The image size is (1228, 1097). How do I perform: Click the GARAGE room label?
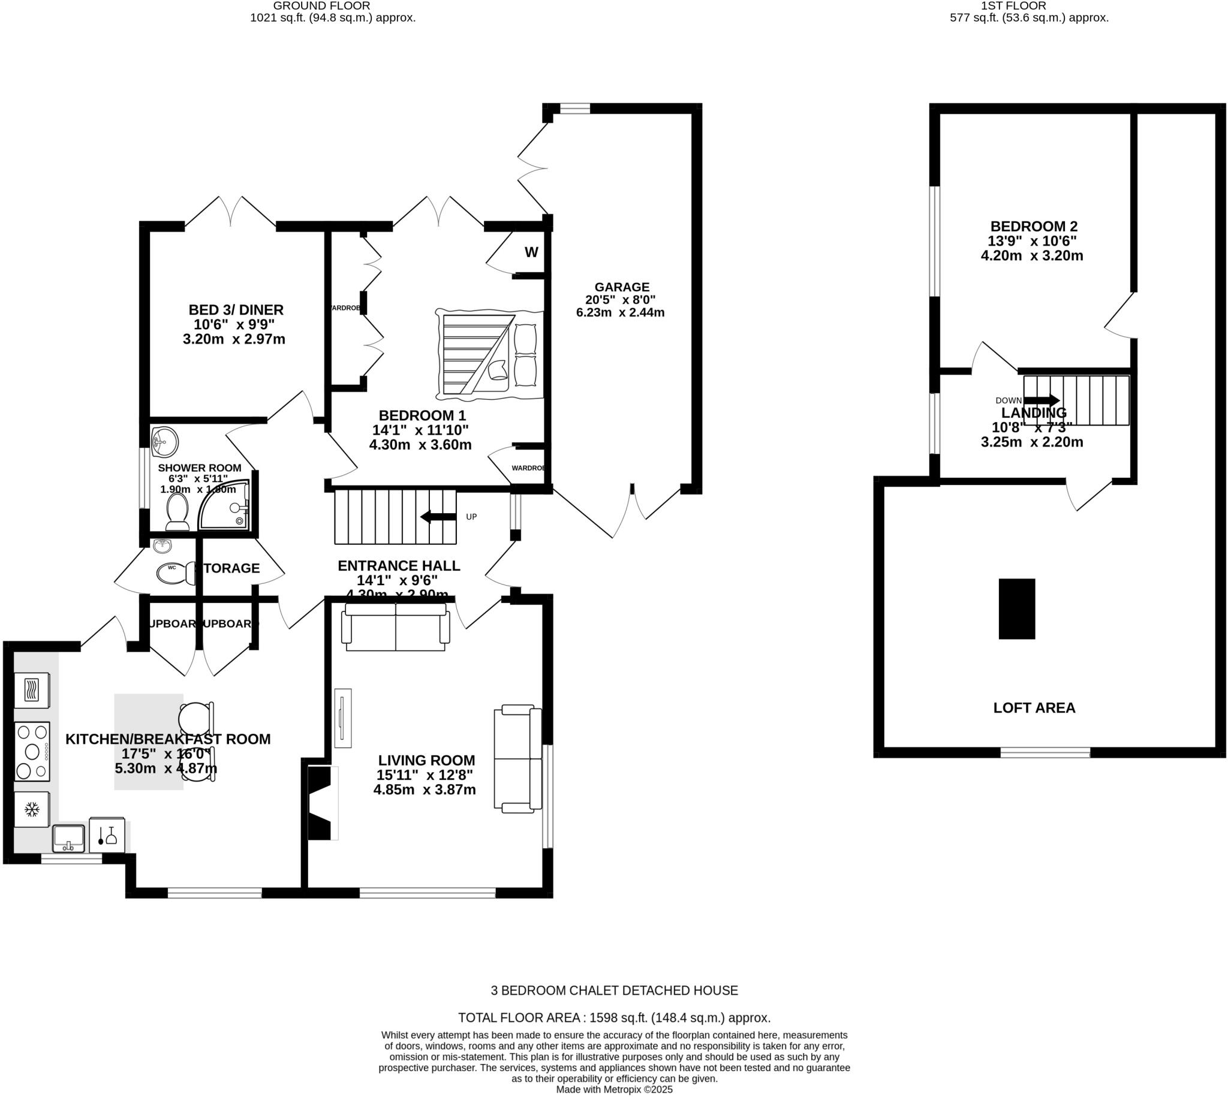tap(622, 287)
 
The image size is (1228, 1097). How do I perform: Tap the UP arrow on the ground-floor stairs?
tap(438, 517)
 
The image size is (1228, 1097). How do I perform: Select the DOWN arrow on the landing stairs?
tap(1041, 400)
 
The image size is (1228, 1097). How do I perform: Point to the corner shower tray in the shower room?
tap(225, 505)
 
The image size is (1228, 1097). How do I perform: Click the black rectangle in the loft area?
tap(1016, 609)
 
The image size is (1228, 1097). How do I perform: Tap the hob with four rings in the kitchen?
tap(32, 751)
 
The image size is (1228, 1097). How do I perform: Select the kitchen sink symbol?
tap(68, 838)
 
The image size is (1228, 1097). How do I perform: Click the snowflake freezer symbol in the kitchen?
tap(32, 809)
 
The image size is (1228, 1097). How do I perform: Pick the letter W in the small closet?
tap(531, 252)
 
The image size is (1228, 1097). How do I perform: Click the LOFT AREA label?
tap(1034, 707)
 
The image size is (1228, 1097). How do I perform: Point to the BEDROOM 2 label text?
tap(1033, 227)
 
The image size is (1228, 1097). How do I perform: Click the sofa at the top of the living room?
tap(396, 627)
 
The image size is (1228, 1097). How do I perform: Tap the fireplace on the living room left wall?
tap(321, 802)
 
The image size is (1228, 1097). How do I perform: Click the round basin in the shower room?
tap(163, 442)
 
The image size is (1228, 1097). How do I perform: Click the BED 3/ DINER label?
tap(236, 310)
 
